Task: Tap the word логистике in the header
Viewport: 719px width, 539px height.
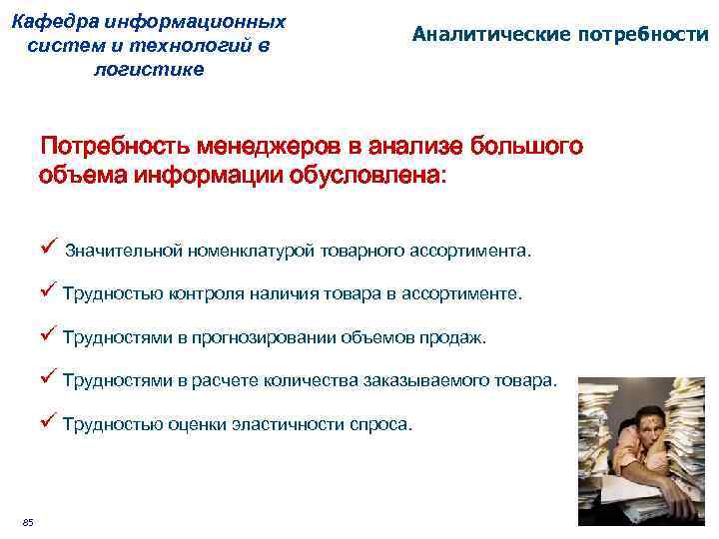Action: pyautogui.click(x=149, y=69)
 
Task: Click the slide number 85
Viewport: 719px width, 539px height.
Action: pyautogui.click(x=27, y=523)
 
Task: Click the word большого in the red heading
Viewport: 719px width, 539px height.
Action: pyautogui.click(x=520, y=148)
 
